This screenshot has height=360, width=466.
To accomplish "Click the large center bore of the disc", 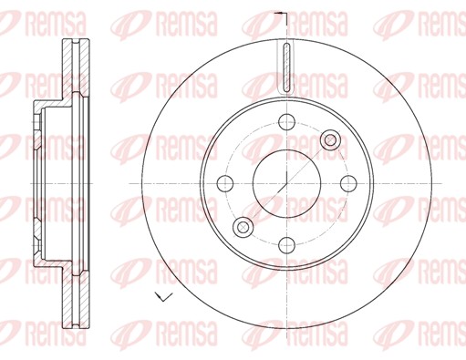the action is (286, 183).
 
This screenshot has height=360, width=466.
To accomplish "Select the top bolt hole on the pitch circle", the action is (286, 122).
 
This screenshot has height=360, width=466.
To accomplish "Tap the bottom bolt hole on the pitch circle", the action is (286, 245).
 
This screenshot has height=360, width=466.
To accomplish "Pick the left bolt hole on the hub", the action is (225, 183).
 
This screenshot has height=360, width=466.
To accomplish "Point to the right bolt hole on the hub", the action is (348, 183).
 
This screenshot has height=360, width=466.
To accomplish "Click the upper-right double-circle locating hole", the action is (331, 140).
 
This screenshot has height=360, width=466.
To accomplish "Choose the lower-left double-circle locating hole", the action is (243, 227).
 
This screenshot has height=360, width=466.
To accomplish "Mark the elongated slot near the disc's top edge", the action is (286, 67).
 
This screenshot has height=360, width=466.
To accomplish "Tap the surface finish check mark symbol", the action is (163, 296).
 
